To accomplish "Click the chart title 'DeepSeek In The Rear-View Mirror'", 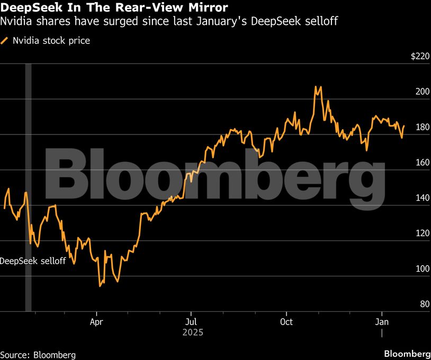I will click(114, 8).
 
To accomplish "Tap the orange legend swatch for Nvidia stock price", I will click(5, 40).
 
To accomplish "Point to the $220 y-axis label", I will click(420, 57).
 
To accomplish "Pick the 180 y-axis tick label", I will click(422, 128).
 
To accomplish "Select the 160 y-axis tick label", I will click(422, 163).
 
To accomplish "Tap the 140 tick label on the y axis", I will click(422, 199).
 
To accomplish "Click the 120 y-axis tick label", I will click(422, 234).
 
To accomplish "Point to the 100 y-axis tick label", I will click(422, 269).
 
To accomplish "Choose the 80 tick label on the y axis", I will click(424, 304).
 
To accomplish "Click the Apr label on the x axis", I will click(96, 321).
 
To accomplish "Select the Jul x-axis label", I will click(191, 321).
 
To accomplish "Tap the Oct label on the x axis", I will click(286, 321).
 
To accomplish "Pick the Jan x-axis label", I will click(381, 321).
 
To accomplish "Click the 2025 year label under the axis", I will click(192, 333).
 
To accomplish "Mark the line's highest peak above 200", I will click(316, 86).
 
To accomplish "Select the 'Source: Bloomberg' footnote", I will click(38, 354).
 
